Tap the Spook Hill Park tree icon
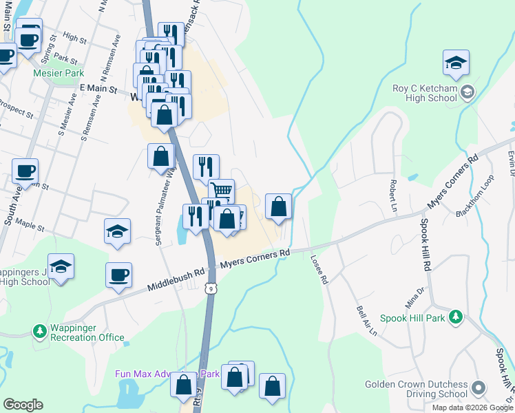(455, 317)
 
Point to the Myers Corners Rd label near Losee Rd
(255, 260)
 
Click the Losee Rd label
(320, 270)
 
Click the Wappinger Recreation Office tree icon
(40, 331)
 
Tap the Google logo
(23, 405)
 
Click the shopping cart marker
(222, 190)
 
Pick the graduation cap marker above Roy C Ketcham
(456, 63)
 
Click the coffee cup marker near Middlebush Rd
(118, 275)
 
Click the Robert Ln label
(392, 187)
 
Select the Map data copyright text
(473, 407)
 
